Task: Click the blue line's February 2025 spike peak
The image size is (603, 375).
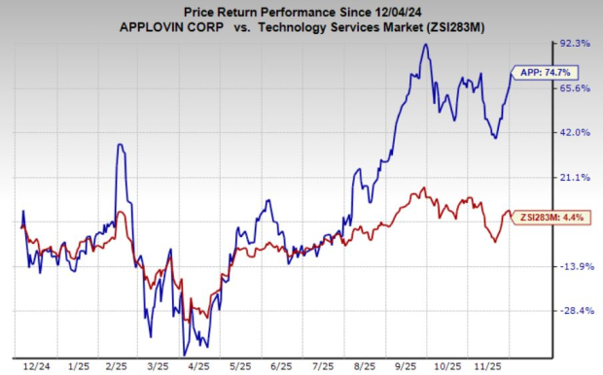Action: pyautogui.click(x=120, y=145)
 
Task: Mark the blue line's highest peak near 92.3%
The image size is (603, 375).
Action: pyautogui.click(x=425, y=45)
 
